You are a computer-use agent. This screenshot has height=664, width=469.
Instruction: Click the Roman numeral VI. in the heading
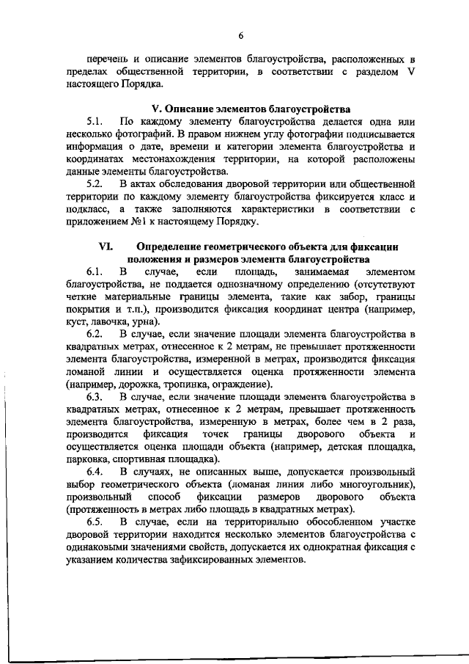[104, 247]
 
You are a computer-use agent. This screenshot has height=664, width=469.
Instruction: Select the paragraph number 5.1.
[95, 120]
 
